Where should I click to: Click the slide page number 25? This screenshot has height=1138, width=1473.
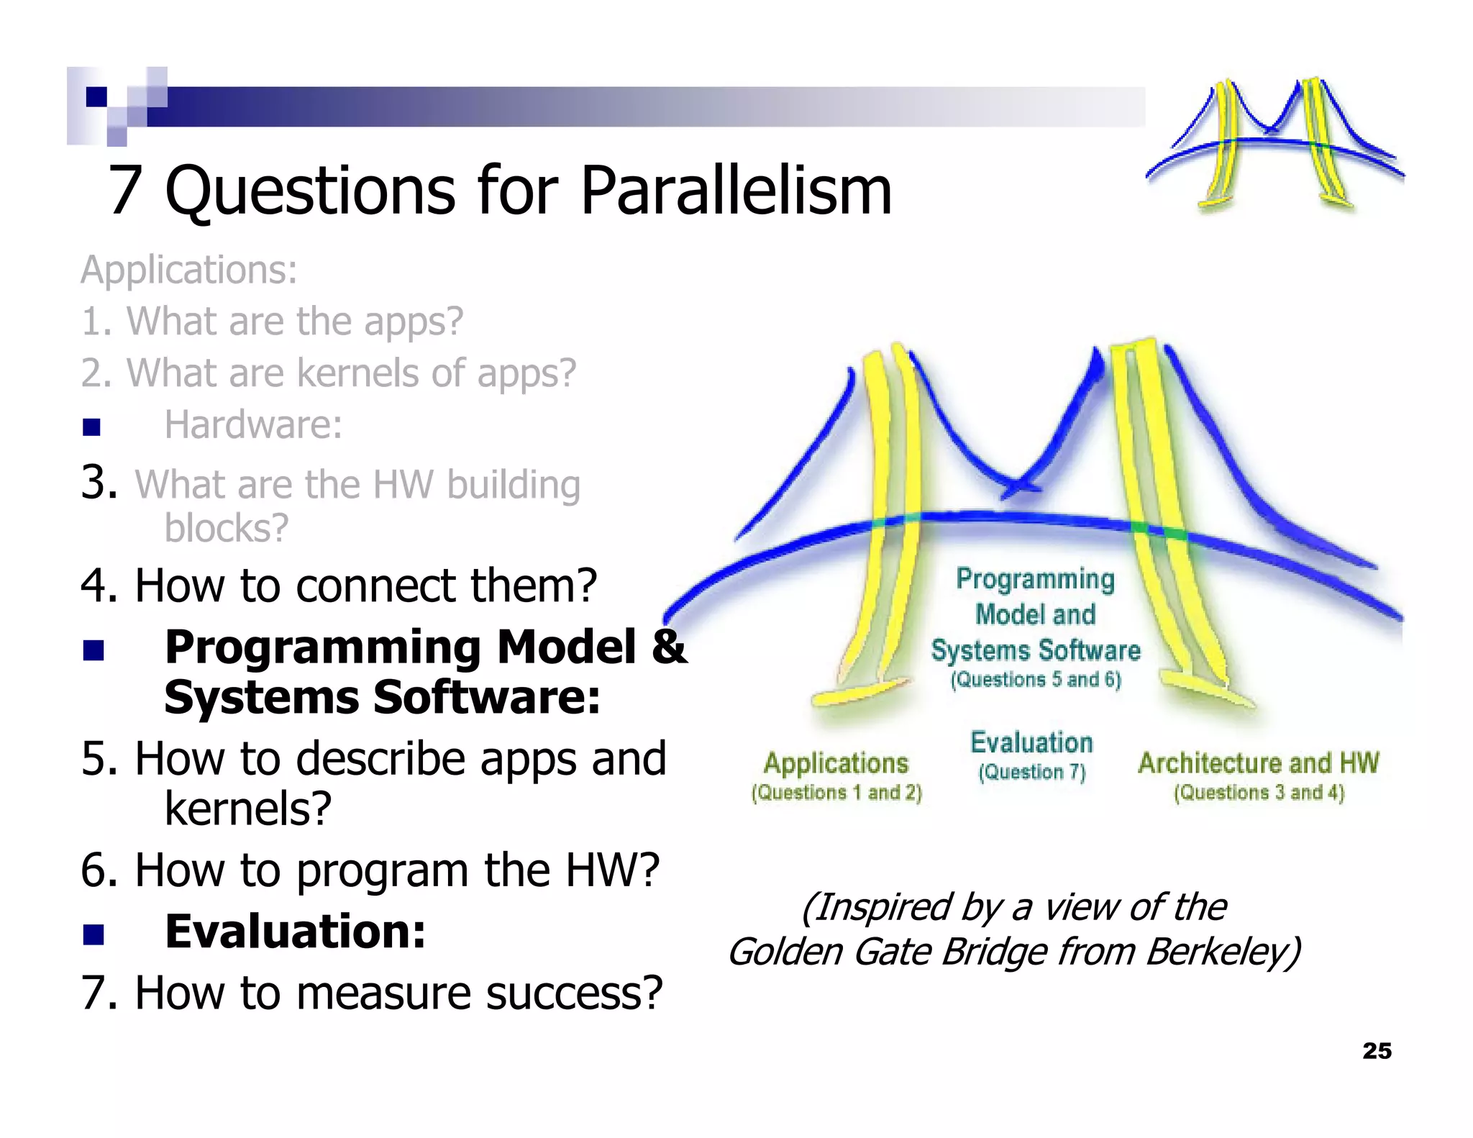point(1377,1051)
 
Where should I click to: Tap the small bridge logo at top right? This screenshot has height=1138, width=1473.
point(1274,144)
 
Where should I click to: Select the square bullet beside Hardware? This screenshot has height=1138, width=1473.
point(91,427)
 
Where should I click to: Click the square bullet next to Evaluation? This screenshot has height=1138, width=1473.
point(93,934)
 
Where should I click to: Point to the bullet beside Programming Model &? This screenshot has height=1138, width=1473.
point(93,650)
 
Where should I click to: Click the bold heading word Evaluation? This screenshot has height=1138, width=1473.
point(295,932)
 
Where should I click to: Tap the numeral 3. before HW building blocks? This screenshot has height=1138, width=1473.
point(99,482)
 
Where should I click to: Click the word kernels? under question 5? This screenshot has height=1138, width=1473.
point(248,809)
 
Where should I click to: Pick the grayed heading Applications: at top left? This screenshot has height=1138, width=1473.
point(188,270)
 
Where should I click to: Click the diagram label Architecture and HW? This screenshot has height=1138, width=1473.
point(1258,763)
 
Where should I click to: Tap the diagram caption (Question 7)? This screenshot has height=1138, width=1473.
point(1031,772)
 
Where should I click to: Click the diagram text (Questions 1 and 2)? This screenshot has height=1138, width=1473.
point(836,793)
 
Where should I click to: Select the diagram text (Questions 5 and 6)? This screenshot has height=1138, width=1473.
point(1035,680)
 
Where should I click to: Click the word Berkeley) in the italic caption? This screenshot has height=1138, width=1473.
point(1223,952)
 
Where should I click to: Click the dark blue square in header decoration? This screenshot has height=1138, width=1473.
point(96,96)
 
